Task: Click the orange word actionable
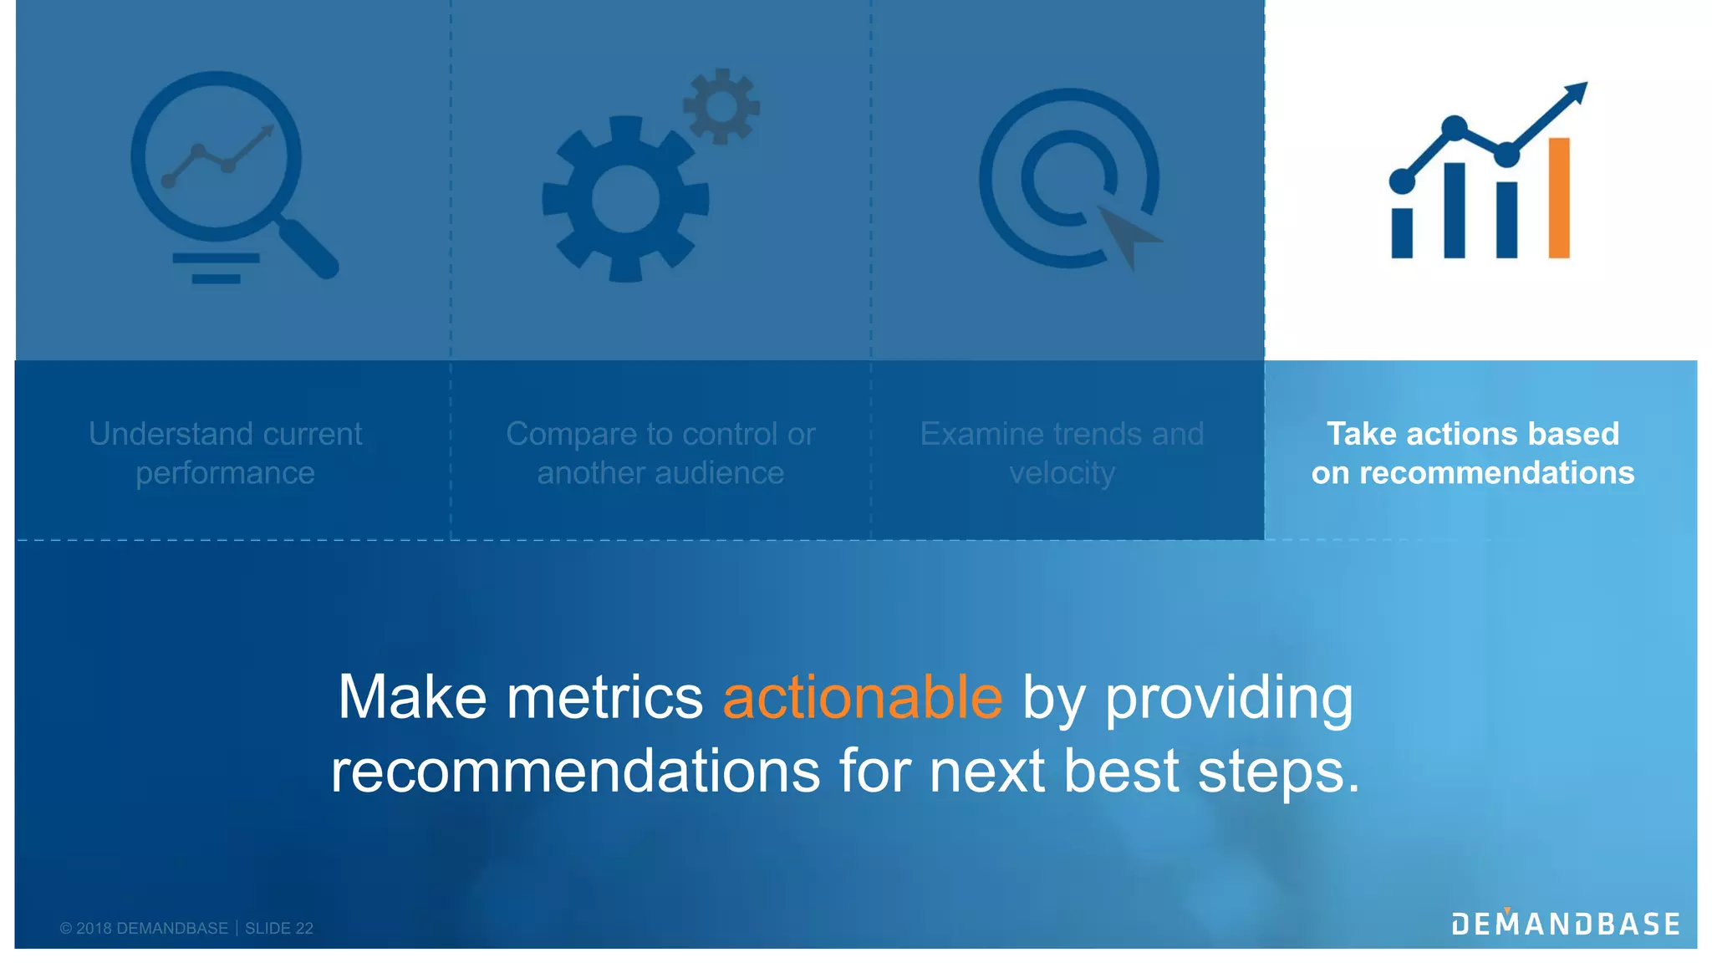pyautogui.click(x=862, y=697)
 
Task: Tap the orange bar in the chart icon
pyautogui.click(x=1558, y=198)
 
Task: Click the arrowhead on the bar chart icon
pyautogui.click(x=1577, y=91)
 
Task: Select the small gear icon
pyautogui.click(x=721, y=106)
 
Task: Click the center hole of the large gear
pyautogui.click(x=625, y=199)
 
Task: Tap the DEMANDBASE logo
pyautogui.click(x=1565, y=924)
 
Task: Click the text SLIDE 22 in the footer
pyautogui.click(x=279, y=928)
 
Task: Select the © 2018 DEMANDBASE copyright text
pyautogui.click(x=144, y=928)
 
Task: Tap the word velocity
pyautogui.click(x=1062, y=473)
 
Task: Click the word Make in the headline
pyautogui.click(x=411, y=697)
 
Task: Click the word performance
pyautogui.click(x=225, y=473)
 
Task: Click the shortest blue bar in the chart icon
pyautogui.click(x=1402, y=233)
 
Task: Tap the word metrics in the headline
pyautogui.click(x=604, y=697)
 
